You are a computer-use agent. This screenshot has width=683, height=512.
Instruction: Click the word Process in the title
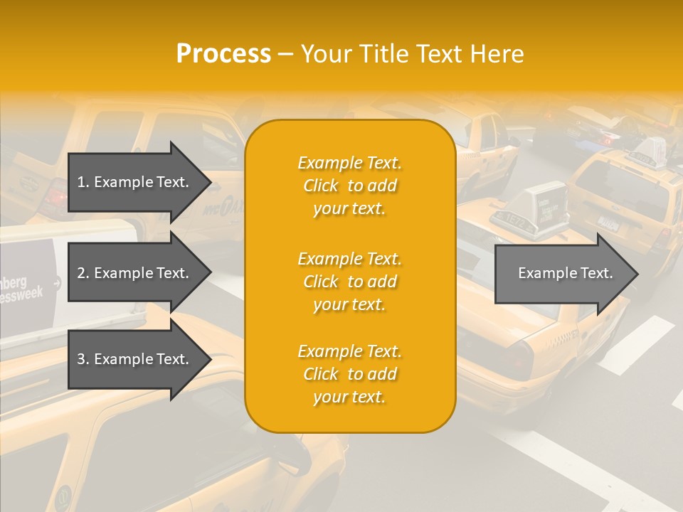223,54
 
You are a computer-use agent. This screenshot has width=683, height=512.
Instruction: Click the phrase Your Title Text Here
412,54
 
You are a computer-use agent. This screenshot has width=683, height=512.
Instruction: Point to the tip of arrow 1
210,182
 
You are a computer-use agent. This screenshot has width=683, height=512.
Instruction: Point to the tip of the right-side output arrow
637,274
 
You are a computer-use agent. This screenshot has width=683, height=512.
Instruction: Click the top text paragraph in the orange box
349,186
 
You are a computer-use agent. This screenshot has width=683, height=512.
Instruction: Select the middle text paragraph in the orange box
349,282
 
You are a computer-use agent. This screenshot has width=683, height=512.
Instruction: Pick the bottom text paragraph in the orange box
349,374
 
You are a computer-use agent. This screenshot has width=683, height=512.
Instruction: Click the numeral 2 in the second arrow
81,273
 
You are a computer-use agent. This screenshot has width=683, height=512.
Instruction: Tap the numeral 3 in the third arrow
81,359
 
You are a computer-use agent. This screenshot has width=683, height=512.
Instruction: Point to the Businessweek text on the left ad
21,287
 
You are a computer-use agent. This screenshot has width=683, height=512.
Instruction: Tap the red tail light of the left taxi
55,196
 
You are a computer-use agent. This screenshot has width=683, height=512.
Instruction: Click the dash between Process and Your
286,54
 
